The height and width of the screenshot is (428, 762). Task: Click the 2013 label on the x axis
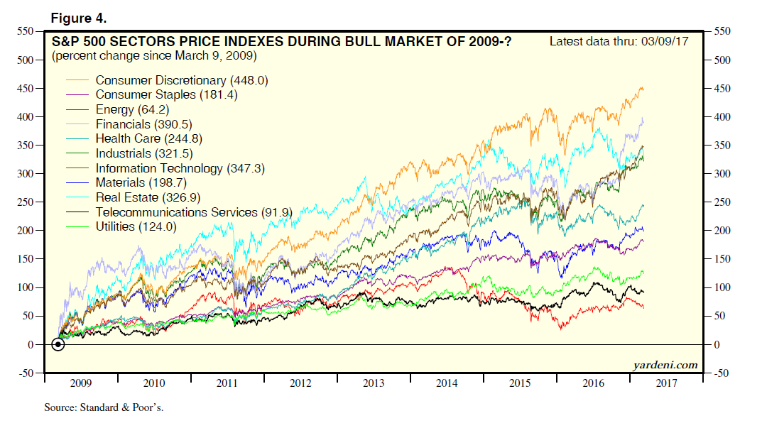tap(374, 383)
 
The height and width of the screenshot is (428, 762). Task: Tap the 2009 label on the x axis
tap(80, 383)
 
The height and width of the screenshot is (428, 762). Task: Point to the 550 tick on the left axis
tap(25, 31)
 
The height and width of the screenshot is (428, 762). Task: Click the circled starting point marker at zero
tap(58, 344)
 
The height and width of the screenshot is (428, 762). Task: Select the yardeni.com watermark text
tap(665, 366)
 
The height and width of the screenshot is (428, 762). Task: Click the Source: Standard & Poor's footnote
tap(97, 408)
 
